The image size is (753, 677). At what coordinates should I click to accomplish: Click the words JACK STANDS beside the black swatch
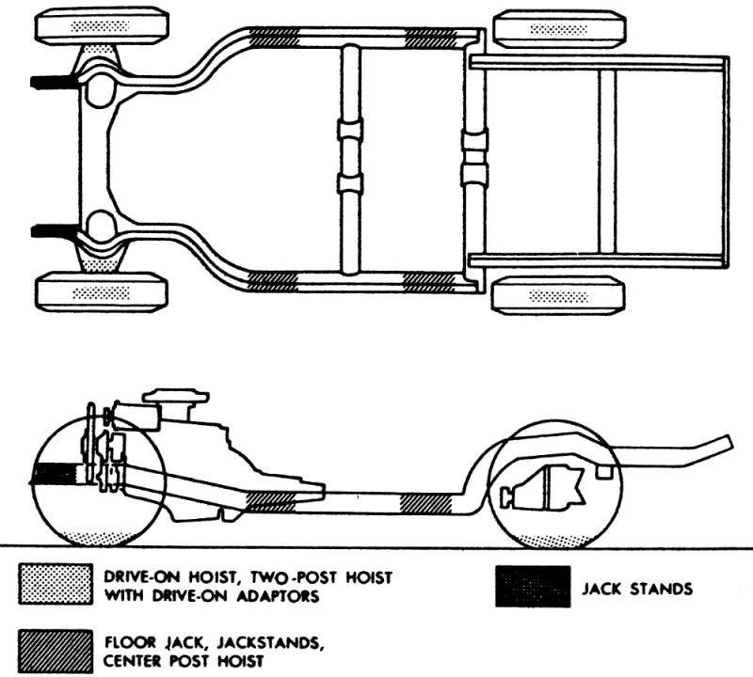[x=638, y=590]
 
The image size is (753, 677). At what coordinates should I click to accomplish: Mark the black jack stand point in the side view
[x=55, y=474]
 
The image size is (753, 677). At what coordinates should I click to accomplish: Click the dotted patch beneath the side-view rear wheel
[x=551, y=540]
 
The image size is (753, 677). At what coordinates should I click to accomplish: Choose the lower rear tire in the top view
[x=559, y=295]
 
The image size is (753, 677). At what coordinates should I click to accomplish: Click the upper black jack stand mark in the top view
[x=54, y=82]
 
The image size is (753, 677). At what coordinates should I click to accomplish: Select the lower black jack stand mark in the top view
[x=54, y=230]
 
